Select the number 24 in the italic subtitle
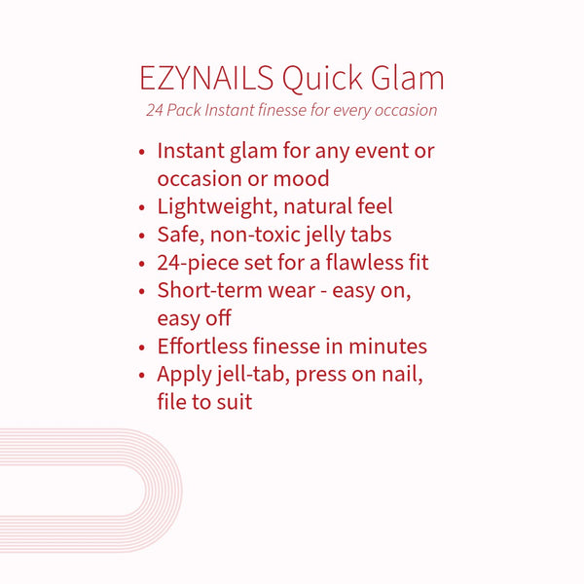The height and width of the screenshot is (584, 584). pos(155,110)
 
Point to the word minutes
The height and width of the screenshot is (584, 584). pos(389,346)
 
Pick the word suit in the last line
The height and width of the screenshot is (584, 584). pos(233,401)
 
